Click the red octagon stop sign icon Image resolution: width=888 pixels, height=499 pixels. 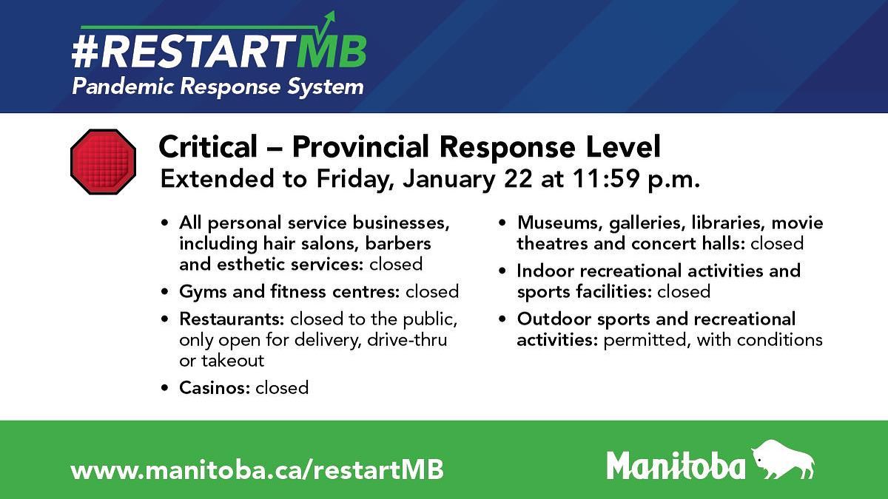[x=103, y=162]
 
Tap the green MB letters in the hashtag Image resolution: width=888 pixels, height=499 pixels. [x=332, y=52]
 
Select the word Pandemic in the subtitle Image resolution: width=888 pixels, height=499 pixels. [x=123, y=86]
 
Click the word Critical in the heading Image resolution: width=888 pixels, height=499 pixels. [x=208, y=146]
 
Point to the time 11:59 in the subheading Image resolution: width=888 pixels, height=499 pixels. [x=606, y=179]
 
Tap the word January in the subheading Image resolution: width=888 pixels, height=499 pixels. [x=449, y=179]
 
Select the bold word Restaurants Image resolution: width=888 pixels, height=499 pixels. [x=232, y=319]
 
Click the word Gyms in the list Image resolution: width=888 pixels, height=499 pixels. [x=203, y=292]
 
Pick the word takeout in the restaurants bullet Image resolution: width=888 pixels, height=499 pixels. [x=232, y=361]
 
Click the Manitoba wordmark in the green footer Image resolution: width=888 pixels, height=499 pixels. [x=676, y=465]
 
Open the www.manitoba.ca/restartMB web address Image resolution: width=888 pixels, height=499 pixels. [x=257, y=469]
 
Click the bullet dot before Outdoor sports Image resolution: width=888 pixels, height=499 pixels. [x=502, y=319]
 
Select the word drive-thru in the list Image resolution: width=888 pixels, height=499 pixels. [x=407, y=340]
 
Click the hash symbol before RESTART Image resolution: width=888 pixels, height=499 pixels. [x=85, y=52]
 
